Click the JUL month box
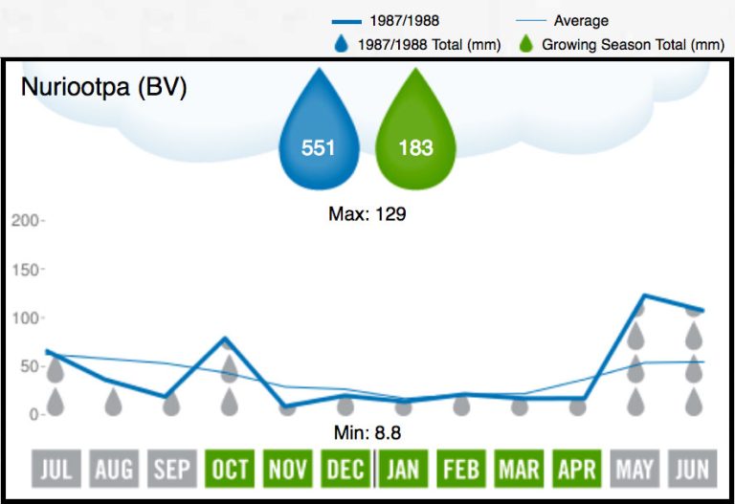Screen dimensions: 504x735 coord(56,469)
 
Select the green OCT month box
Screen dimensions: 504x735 coord(230,469)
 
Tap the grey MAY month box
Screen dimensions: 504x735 coord(635,469)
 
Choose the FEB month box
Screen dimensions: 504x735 coord(461,469)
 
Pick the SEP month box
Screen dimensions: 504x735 coord(171,469)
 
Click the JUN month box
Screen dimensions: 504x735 coord(693,469)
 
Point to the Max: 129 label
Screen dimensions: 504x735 coord(367,214)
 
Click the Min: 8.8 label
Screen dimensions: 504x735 coord(367,434)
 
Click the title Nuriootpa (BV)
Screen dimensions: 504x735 coord(104,89)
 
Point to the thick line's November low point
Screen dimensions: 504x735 coord(287,405)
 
